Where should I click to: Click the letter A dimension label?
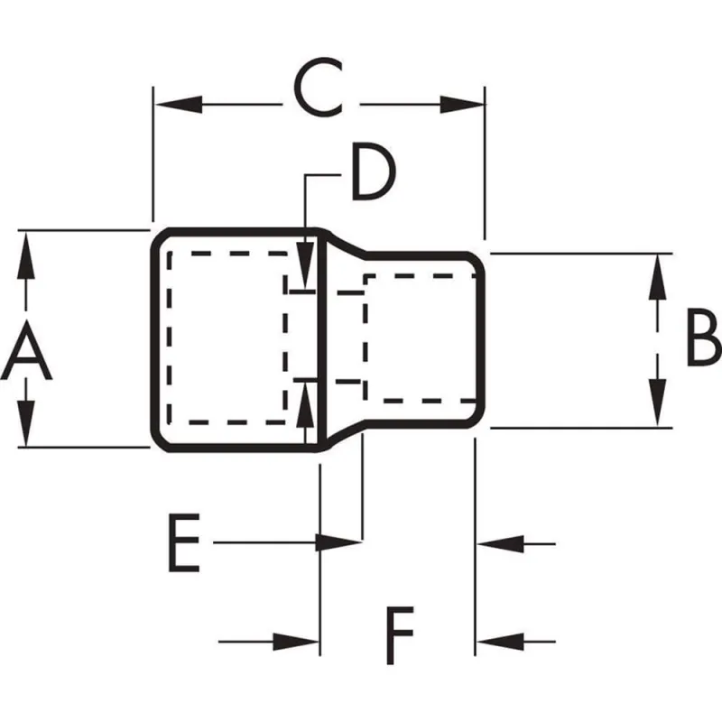coord(26,350)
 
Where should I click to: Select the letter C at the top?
coord(319,87)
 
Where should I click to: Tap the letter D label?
coord(373,171)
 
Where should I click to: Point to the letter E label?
coord(184,543)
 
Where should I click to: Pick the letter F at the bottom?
coord(400,635)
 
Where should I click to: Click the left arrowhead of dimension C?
coord(178,105)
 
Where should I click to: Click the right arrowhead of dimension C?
coord(462,105)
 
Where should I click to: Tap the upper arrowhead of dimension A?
coord(26,255)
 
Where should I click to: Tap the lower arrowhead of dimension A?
coord(26,423)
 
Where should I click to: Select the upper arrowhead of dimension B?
coord(658,278)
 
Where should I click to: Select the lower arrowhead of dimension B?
coord(658,403)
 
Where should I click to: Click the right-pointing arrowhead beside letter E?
coord(338,543)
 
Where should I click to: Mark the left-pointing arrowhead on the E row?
coord(501,544)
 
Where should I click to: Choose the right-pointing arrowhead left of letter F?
coord(296,642)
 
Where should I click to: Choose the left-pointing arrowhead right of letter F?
coord(501,642)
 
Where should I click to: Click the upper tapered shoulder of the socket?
coord(346,244)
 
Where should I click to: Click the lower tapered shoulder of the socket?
coord(346,434)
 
